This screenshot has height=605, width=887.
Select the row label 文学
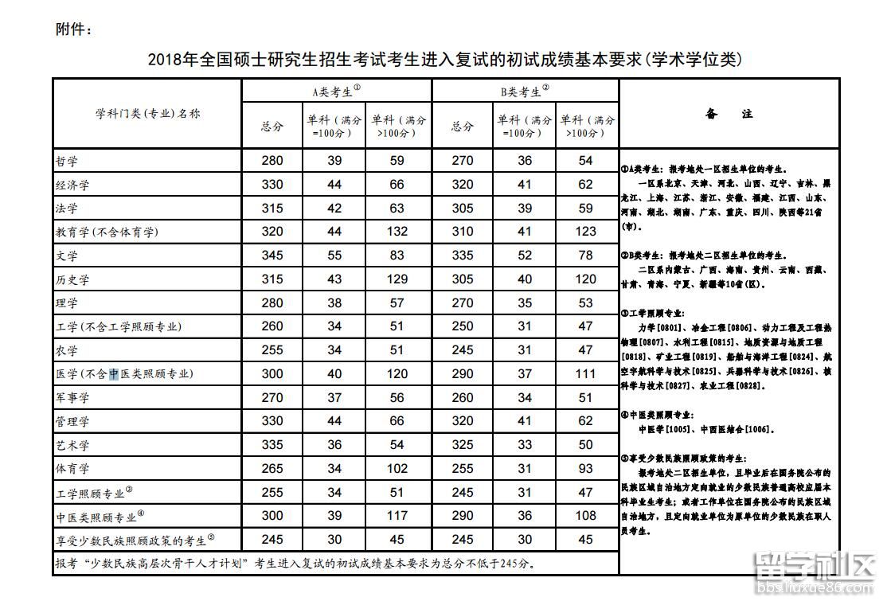coord(67,256)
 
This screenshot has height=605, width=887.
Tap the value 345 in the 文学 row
coord(272,256)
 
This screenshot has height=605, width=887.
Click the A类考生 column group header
coord(335,91)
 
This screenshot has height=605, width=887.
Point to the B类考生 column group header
coord(525,92)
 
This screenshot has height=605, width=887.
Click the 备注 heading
coord(729,114)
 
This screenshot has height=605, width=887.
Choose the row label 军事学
coord(72,398)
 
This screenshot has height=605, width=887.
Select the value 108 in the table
coord(586,516)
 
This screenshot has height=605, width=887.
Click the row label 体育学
coord(72,469)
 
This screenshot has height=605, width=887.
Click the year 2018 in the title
coord(165,60)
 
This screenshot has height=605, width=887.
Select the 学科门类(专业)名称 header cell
coord(148,114)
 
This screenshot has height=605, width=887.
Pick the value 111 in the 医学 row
coord(586,374)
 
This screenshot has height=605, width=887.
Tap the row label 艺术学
coord(72,446)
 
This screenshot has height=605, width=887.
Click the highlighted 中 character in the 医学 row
coord(114,374)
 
